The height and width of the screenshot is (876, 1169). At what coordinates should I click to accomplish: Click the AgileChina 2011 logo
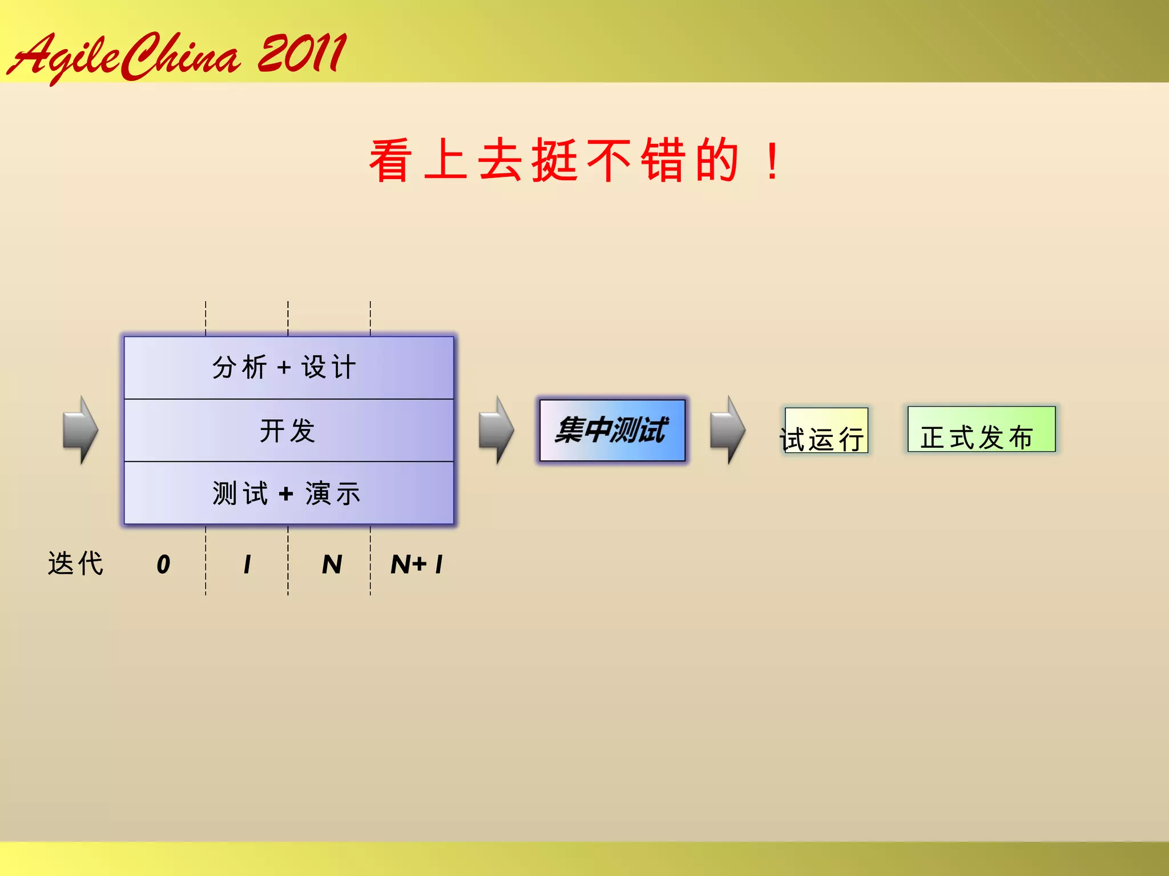[177, 56]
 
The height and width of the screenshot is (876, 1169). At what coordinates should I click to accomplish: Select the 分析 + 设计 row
[288, 367]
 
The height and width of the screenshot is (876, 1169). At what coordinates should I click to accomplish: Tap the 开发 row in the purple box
[288, 431]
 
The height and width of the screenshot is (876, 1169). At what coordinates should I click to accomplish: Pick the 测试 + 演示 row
[288, 493]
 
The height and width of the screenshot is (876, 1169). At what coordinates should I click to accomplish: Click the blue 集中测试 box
[612, 430]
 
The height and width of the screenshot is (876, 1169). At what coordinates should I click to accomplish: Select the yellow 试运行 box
[825, 431]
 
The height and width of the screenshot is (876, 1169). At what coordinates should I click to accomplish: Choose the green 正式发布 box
[981, 430]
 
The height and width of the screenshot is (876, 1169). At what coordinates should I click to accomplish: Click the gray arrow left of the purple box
[80, 430]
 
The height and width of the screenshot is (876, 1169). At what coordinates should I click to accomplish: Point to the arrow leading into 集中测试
[496, 430]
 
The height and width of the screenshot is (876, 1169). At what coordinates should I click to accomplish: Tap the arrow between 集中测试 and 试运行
[728, 430]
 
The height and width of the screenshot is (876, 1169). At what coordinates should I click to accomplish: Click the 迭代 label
[76, 563]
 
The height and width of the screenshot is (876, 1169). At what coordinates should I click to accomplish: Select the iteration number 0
[163, 565]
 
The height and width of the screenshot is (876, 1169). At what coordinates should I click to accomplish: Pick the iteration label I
[247, 565]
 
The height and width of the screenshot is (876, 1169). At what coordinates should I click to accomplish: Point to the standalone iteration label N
[332, 565]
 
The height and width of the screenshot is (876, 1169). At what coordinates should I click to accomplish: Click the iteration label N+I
[417, 565]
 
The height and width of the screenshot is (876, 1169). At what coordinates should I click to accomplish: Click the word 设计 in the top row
[329, 367]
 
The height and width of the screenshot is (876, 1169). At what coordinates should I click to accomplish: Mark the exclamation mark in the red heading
[773, 161]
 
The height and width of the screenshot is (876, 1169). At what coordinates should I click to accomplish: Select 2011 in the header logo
[301, 54]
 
